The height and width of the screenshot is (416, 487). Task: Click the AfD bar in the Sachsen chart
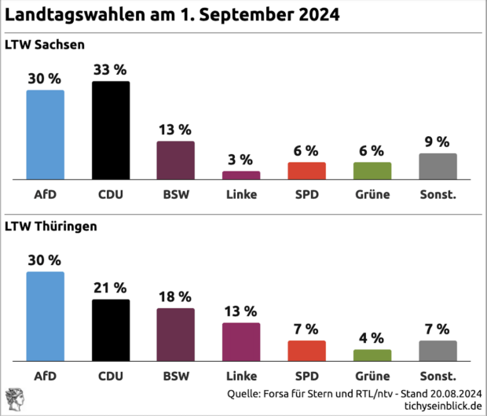tap(46, 134)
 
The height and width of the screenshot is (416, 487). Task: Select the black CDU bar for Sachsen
tap(111, 131)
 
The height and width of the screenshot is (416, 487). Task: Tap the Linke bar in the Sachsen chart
tap(240, 175)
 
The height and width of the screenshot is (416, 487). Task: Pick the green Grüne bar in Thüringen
tap(372, 355)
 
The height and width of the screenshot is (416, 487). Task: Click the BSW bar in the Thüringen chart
tap(176, 334)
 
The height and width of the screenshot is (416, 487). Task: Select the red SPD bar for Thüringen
tap(306, 350)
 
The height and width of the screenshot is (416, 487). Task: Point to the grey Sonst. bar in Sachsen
tap(438, 167)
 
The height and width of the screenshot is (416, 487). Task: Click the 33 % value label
tap(111, 69)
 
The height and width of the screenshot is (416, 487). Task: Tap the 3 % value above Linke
tap(240, 160)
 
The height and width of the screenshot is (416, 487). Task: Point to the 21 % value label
tap(111, 288)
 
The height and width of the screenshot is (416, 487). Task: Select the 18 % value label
tap(176, 296)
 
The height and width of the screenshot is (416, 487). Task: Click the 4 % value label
tap(372, 337)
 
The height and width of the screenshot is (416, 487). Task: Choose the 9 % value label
tap(438, 142)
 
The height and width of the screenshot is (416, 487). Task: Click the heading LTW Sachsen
tap(45, 44)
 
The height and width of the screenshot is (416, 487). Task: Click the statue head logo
tap(14, 399)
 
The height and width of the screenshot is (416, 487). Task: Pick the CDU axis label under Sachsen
tap(111, 194)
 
